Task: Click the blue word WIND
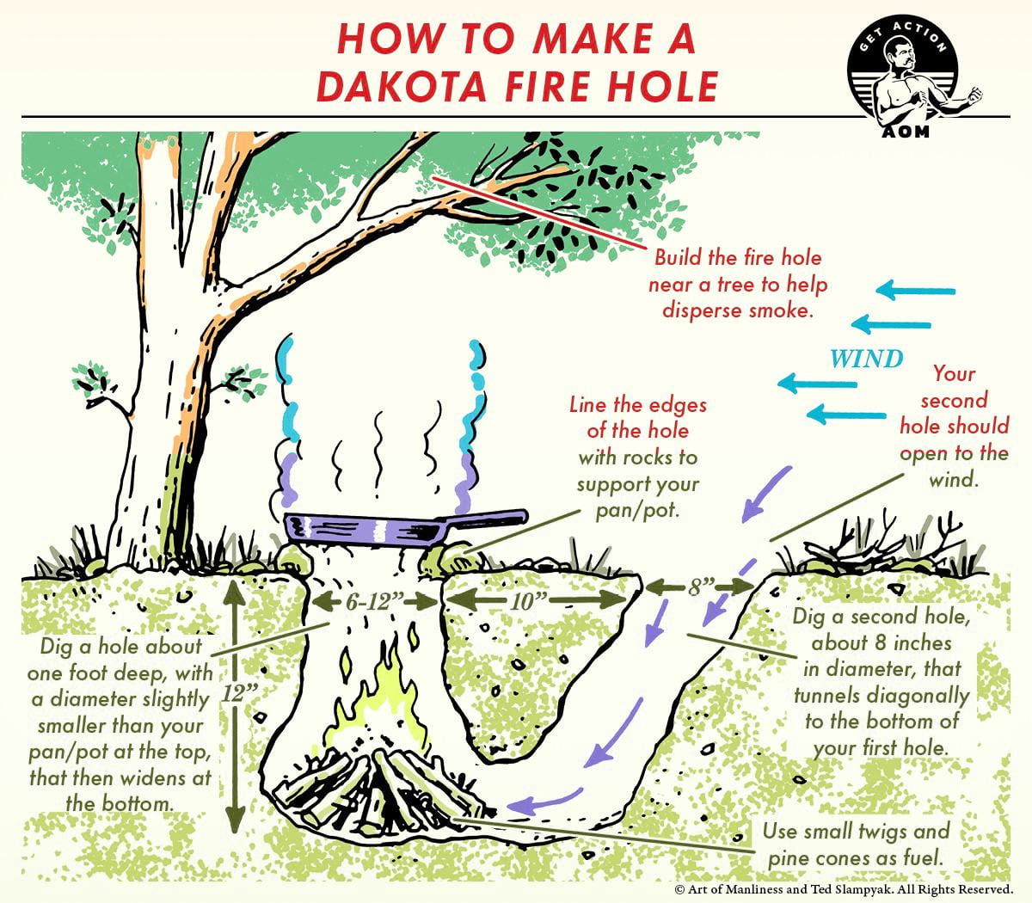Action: [x=866, y=358]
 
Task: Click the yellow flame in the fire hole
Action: [x=387, y=697]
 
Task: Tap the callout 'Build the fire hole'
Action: [x=737, y=258]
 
